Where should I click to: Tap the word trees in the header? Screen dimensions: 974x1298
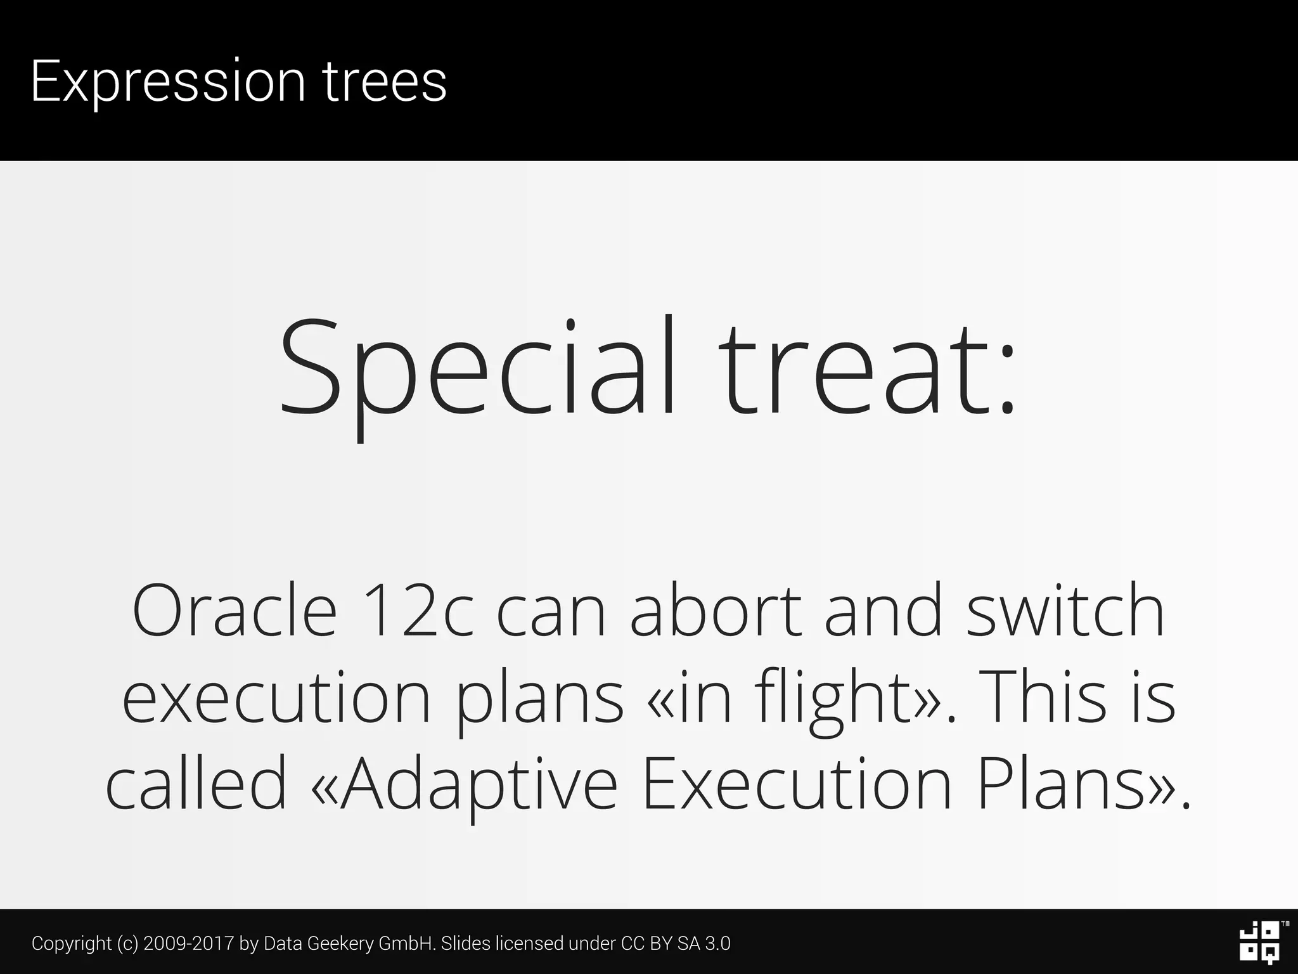(385, 81)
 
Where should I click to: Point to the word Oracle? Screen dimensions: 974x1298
(234, 611)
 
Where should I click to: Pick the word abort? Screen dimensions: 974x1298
(716, 611)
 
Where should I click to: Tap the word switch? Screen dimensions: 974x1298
(1065, 611)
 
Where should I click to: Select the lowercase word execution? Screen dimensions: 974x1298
(276, 698)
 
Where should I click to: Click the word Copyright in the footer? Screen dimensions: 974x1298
(72, 944)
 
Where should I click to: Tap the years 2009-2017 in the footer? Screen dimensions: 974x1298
(188, 944)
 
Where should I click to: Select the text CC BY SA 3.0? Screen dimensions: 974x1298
(676, 944)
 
